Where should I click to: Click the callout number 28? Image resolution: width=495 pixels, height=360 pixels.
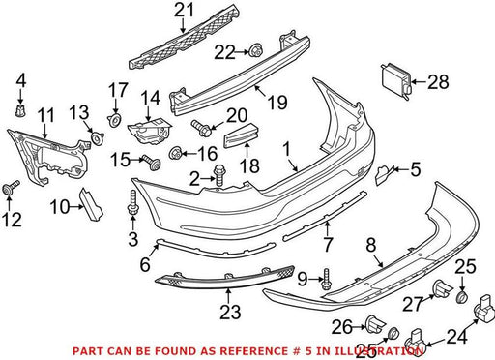point(438,81)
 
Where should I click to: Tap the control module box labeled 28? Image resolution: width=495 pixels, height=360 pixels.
point(397,80)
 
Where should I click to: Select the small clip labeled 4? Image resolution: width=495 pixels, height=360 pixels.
point(20,110)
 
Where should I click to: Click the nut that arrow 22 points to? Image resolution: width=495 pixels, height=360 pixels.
point(255,50)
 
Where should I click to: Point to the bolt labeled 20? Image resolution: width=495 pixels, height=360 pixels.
point(201,128)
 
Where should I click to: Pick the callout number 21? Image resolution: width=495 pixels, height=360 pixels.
point(185,10)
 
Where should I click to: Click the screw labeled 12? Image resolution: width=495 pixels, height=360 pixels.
point(11,187)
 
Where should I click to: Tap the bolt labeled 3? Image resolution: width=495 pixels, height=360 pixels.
point(132,202)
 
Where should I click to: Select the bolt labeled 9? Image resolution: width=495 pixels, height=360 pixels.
point(326,279)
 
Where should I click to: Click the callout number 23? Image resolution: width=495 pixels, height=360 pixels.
point(230,312)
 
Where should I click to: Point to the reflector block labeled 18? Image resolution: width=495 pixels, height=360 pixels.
point(242,135)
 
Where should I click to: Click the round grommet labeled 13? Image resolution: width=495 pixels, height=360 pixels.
point(97,138)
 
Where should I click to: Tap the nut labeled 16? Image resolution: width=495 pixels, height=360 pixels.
point(175,153)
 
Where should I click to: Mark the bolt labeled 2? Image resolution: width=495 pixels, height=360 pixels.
point(219,174)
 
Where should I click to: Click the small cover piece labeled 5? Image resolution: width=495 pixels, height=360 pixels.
point(383,174)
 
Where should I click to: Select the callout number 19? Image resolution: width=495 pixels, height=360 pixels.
point(277,103)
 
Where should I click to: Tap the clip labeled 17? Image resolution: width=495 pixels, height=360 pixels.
point(115,120)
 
